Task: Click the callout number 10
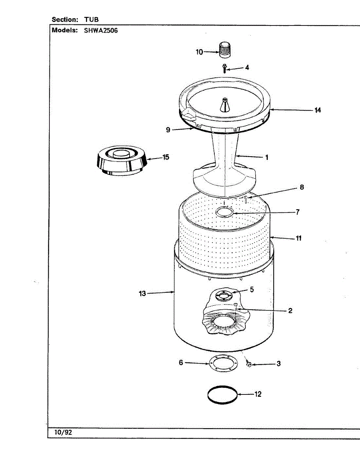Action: [x=199, y=52]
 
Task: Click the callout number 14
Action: [x=317, y=110]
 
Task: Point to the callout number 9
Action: [x=168, y=130]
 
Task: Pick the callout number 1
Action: [x=267, y=157]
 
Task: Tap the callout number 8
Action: [x=302, y=187]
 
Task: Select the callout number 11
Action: [x=298, y=238]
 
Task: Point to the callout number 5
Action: [x=252, y=290]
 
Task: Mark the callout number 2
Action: [x=290, y=311]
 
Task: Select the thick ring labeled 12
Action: [x=223, y=394]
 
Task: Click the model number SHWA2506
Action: [x=101, y=31]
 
